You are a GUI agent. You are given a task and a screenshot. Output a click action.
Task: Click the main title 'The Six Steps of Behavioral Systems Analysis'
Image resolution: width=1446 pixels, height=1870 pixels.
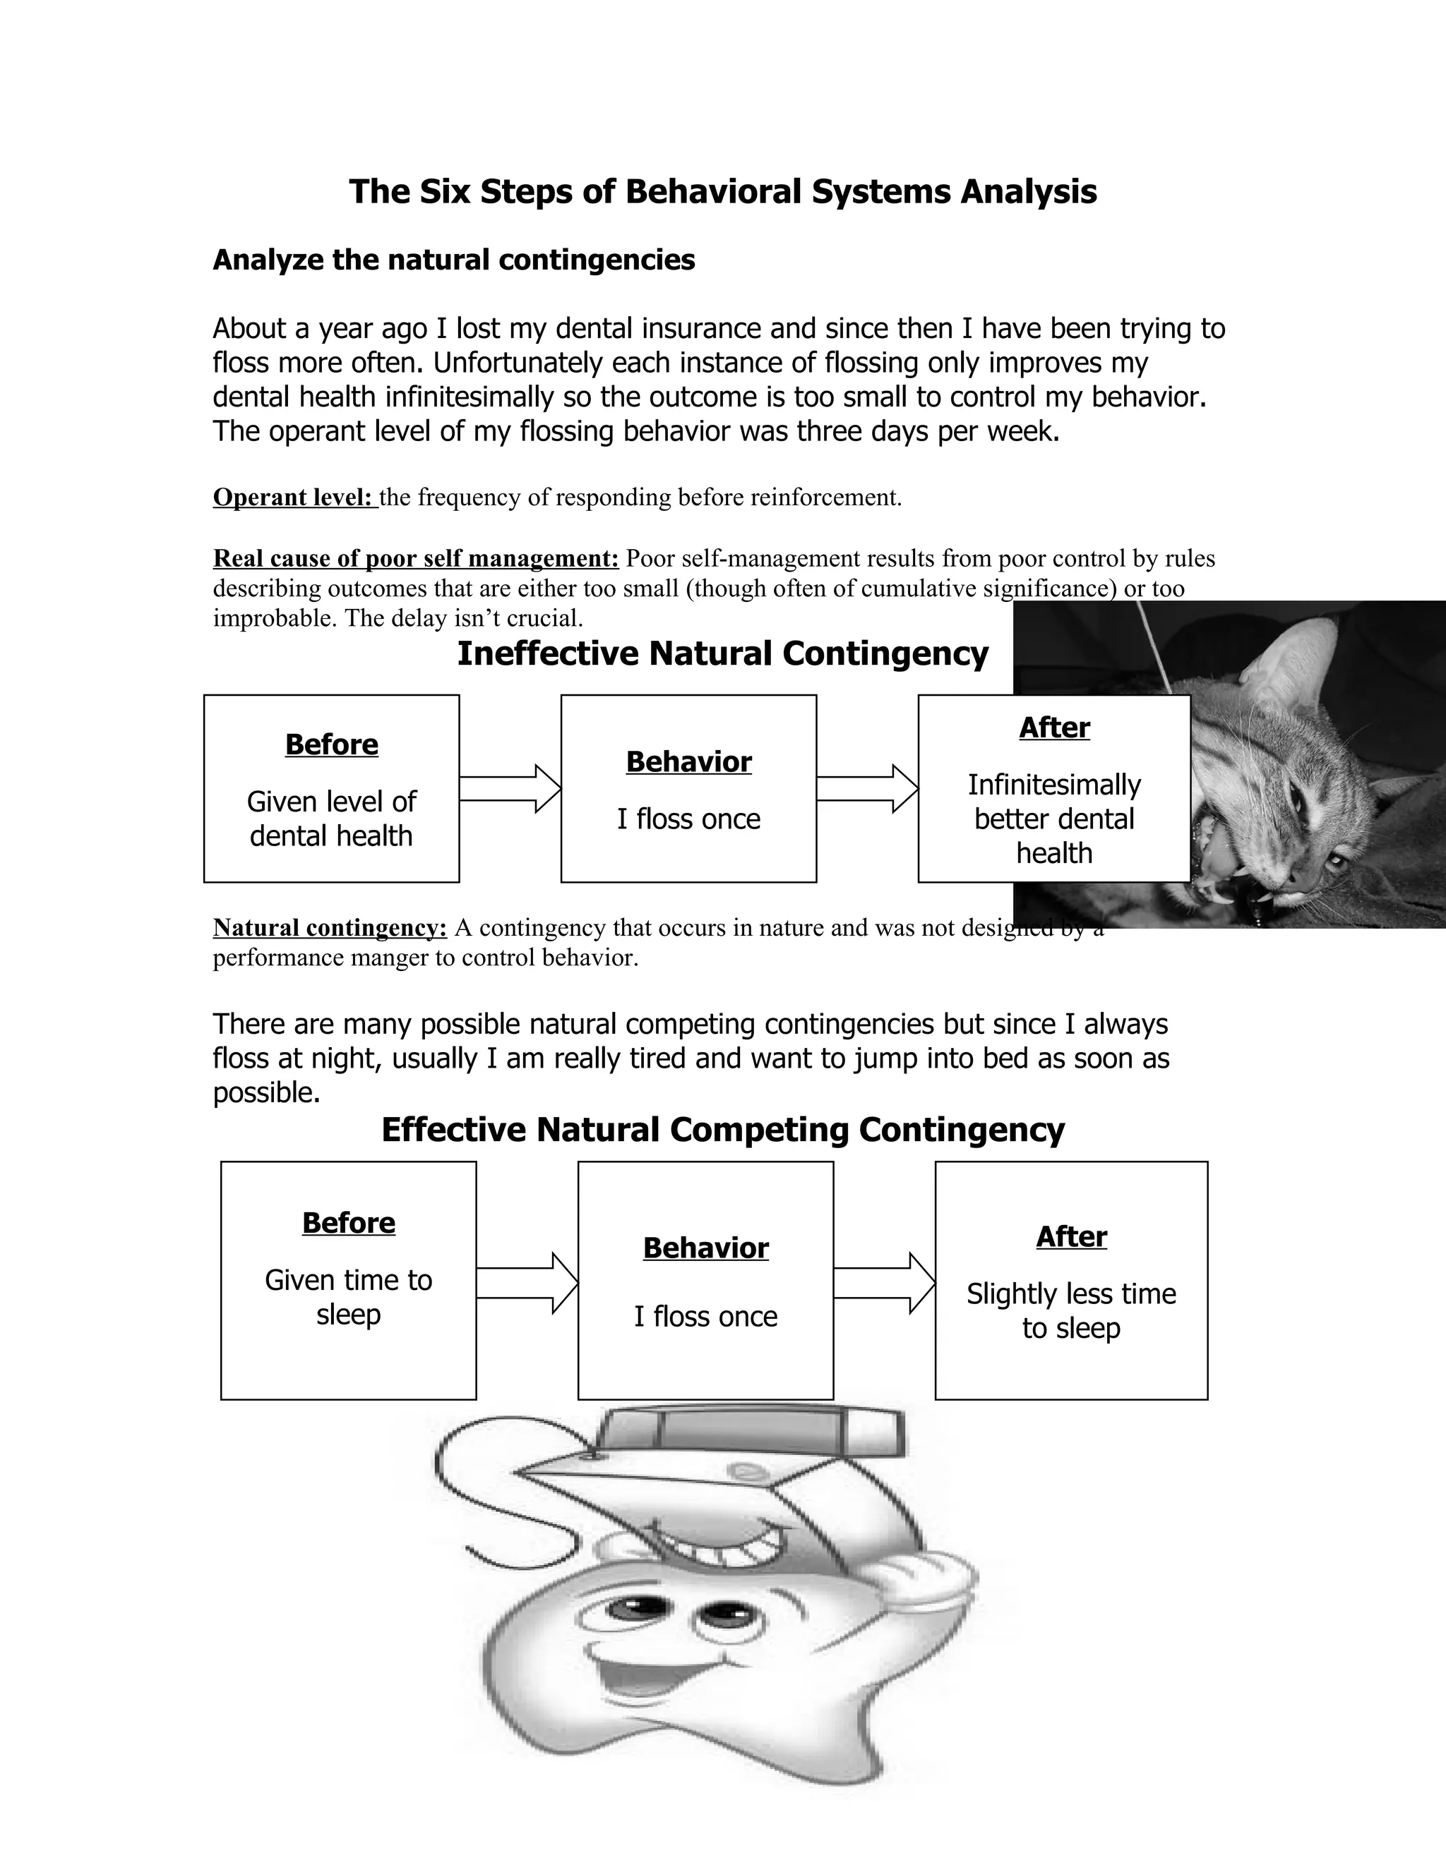(722, 191)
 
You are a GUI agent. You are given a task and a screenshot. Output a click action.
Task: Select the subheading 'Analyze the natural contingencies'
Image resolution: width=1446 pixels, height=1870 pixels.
(453, 260)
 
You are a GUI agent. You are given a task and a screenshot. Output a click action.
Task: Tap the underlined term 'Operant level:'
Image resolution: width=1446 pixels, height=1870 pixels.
(294, 497)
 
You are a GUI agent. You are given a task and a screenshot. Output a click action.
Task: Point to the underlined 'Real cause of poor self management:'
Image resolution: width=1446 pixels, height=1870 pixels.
(415, 558)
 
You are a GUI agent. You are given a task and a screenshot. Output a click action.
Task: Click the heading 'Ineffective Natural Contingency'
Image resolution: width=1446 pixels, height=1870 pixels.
(722, 653)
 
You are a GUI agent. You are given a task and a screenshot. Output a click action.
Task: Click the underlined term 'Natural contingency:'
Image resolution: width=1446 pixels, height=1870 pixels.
(330, 927)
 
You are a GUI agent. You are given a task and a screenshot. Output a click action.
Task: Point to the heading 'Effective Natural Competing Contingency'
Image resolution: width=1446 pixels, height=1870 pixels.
(722, 1129)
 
